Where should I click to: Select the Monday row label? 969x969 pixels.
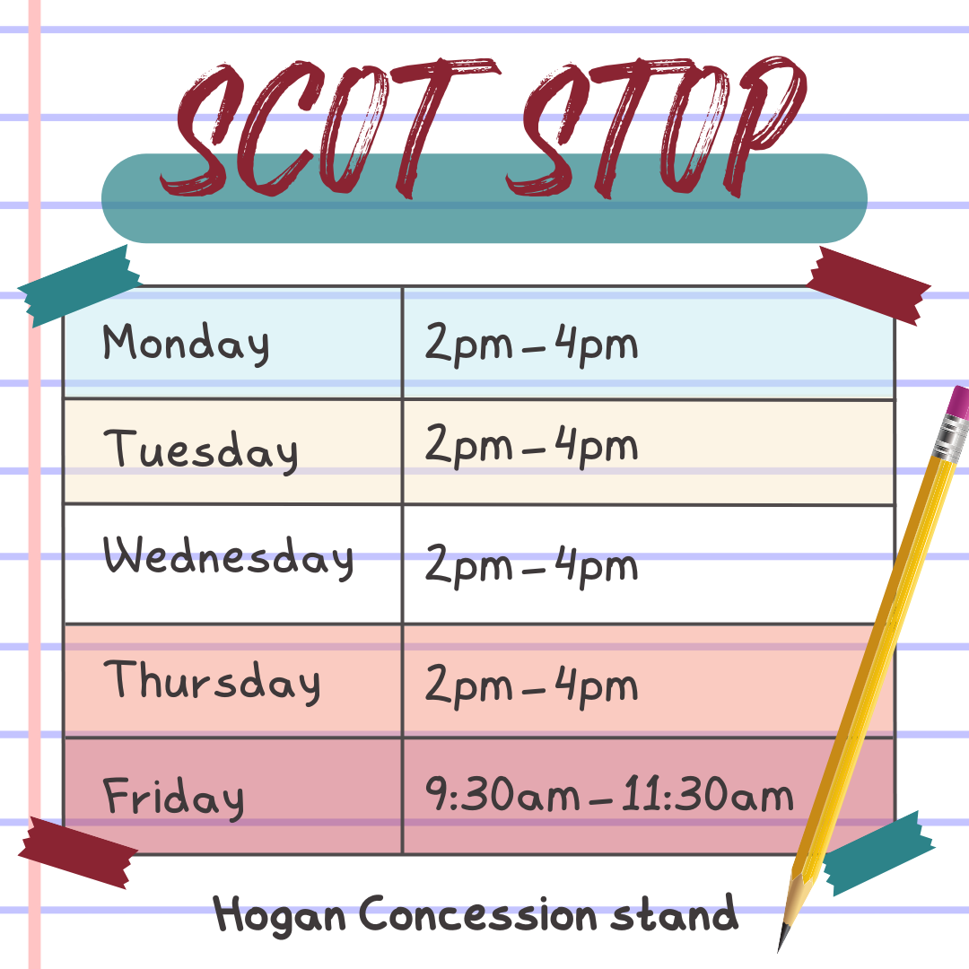[185, 344]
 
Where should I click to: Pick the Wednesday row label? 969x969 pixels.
[228, 557]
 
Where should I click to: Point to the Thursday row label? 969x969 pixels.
[212, 682]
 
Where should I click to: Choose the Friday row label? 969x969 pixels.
[173, 797]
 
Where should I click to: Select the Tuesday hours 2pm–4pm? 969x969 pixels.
[531, 446]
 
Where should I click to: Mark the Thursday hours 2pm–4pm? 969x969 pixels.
[531, 686]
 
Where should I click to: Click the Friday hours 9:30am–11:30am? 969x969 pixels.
[609, 796]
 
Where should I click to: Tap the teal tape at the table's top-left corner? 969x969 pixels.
[76, 284]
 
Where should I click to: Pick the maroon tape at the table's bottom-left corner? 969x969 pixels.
[76, 851]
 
